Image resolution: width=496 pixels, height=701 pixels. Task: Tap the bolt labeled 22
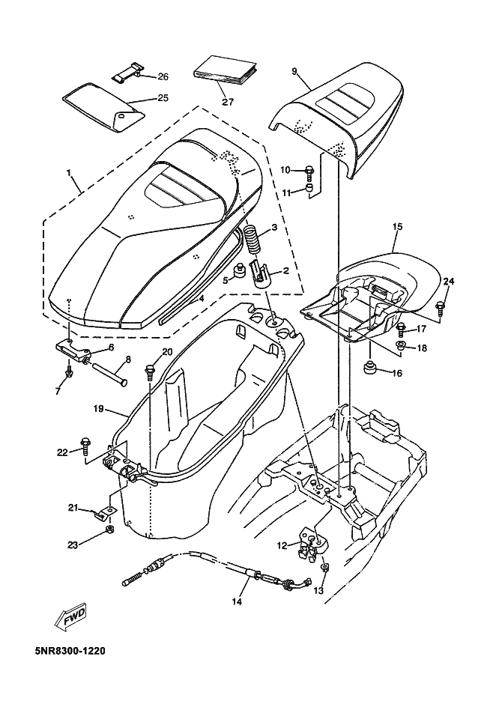[85, 449]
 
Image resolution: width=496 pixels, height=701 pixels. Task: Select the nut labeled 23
[109, 530]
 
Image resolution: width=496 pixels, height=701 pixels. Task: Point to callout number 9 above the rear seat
[294, 71]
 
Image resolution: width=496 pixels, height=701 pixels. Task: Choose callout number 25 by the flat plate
[163, 97]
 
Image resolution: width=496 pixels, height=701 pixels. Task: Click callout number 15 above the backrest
[397, 225]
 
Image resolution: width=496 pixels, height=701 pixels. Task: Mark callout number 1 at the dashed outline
[68, 172]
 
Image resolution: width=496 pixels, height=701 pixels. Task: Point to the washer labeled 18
[401, 345]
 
